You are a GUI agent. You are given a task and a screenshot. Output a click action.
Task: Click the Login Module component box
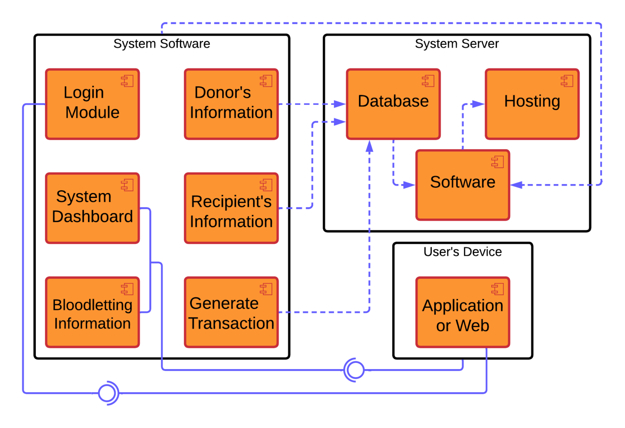pyautogui.click(x=92, y=104)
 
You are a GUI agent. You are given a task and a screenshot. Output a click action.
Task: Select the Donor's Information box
pyautogui.click(x=231, y=104)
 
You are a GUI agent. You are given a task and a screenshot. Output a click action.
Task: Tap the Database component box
pyautogui.click(x=393, y=104)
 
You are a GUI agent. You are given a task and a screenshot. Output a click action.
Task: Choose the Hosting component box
pyautogui.click(x=532, y=104)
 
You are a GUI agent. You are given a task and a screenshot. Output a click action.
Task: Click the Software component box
pyautogui.click(x=463, y=185)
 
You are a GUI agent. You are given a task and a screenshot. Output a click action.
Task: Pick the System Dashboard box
pyautogui.click(x=92, y=208)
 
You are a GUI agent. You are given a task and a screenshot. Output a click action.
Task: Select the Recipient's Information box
pyautogui.click(x=231, y=208)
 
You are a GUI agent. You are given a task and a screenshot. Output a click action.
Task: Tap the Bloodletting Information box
pyautogui.click(x=92, y=312)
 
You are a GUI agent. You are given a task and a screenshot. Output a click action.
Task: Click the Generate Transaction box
pyautogui.click(x=231, y=312)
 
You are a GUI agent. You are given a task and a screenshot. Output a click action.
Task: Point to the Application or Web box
pyautogui.click(x=463, y=312)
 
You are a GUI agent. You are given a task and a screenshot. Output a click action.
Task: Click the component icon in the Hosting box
pyautogui.click(x=567, y=81)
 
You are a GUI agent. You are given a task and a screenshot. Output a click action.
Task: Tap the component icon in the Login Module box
pyautogui.click(x=127, y=81)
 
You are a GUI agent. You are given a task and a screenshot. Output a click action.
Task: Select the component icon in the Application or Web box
pyautogui.click(x=497, y=289)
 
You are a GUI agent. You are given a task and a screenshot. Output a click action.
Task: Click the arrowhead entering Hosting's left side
pyautogui.click(x=479, y=104)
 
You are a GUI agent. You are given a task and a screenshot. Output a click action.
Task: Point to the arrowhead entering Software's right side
pyautogui.click(x=516, y=185)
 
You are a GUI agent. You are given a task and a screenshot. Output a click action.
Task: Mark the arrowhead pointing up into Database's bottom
pyautogui.click(x=369, y=146)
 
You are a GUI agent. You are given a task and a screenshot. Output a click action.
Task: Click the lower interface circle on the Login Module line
pyautogui.click(x=107, y=393)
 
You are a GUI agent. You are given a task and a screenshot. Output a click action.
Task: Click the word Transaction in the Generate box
pyautogui.click(x=231, y=324)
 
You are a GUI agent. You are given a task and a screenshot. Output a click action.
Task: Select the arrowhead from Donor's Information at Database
pyautogui.click(x=339, y=104)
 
